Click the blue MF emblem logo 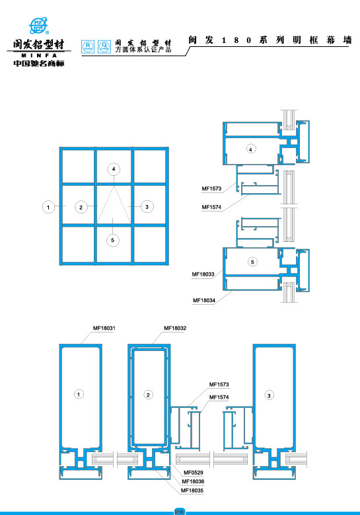[41, 26]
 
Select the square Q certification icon [104, 46]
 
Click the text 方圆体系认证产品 [143, 50]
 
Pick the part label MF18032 [175, 328]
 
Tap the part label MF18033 [203, 273]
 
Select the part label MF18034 [204, 300]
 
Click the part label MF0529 [194, 472]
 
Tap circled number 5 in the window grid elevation [113, 239]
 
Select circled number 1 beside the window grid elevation [48, 208]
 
